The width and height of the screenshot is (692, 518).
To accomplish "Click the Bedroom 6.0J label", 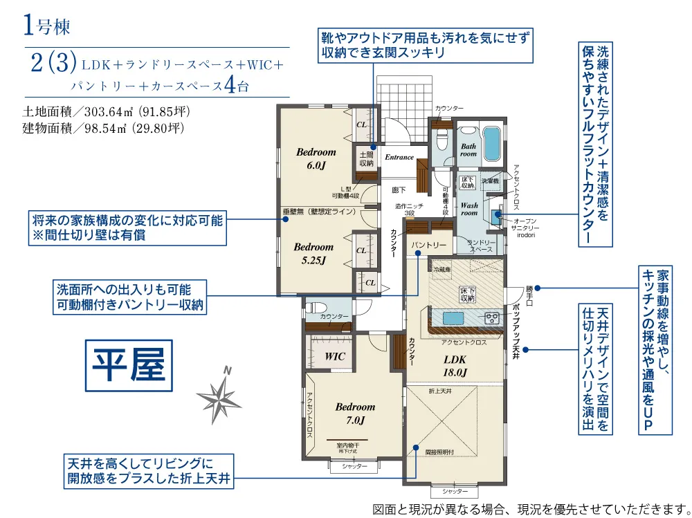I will [x=316, y=158].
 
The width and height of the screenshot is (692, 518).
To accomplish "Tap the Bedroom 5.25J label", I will [x=313, y=253].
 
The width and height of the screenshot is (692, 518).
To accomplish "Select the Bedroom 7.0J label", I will [x=355, y=413].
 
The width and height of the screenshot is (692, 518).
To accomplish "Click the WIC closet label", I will [x=335, y=356].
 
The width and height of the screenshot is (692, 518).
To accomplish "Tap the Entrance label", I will [x=399, y=158].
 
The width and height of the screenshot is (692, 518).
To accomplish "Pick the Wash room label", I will [x=469, y=209].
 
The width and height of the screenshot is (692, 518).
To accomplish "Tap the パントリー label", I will [x=429, y=246].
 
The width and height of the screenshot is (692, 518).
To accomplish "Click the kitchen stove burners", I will [x=492, y=317].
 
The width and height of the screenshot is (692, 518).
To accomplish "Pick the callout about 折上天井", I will [x=147, y=470].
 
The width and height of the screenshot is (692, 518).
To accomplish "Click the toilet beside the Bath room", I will [x=441, y=140].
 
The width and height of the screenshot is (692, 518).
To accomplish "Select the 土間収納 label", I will [x=365, y=158].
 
